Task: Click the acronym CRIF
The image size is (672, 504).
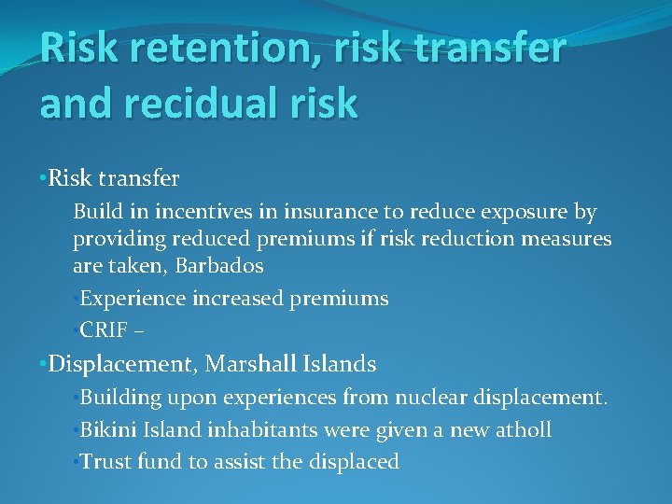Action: [x=107, y=329]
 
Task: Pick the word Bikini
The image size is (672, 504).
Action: [x=110, y=429]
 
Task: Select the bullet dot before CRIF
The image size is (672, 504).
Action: [x=76, y=329]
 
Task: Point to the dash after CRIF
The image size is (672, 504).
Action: [x=141, y=330]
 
